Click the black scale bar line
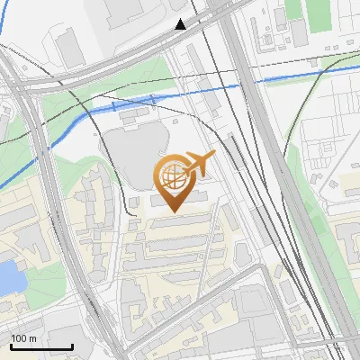pos(41,347)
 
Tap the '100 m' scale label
pos(24,338)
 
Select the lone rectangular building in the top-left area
pos(67,46)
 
